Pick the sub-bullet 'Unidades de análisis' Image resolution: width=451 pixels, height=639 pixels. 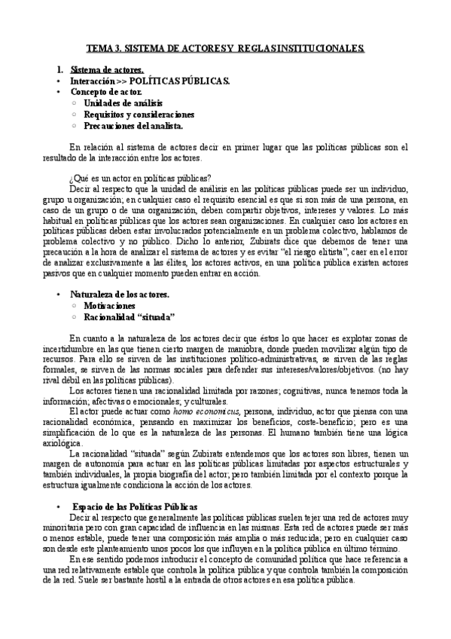click(x=123, y=102)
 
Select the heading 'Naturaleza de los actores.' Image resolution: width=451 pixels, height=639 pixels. click(x=120, y=294)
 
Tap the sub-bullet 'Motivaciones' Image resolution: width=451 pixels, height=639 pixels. click(x=110, y=306)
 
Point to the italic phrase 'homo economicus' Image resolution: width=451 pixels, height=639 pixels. click(x=206, y=411)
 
